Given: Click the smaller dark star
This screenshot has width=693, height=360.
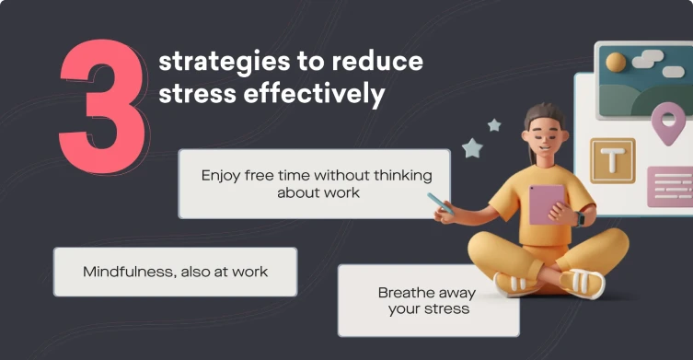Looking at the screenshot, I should (494, 125).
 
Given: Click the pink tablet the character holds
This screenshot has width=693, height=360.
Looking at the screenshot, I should (546, 204).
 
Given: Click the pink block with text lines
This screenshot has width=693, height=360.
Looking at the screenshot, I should (669, 185).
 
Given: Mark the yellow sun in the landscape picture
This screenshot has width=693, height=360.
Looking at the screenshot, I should (616, 63).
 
